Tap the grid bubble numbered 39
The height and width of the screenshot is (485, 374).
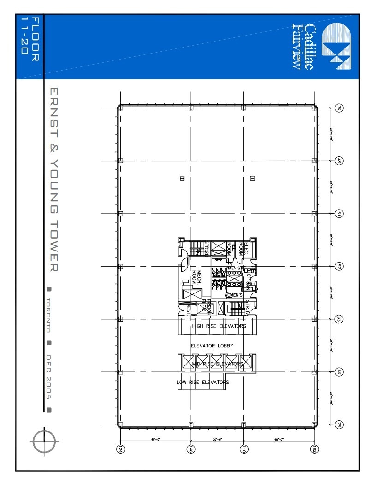(x=339, y=108)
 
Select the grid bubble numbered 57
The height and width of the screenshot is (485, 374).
(x=339, y=266)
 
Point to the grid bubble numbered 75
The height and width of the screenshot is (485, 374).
(x=339, y=425)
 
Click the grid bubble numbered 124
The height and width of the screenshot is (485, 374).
(x=121, y=449)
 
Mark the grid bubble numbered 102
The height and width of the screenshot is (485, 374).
(x=315, y=449)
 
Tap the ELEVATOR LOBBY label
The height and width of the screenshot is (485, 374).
(x=212, y=346)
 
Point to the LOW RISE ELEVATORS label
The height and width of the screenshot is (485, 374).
(x=203, y=382)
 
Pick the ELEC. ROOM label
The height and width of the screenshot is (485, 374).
(x=246, y=249)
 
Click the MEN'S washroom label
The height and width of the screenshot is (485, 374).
(x=234, y=268)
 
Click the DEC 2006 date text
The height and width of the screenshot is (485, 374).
(x=49, y=377)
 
